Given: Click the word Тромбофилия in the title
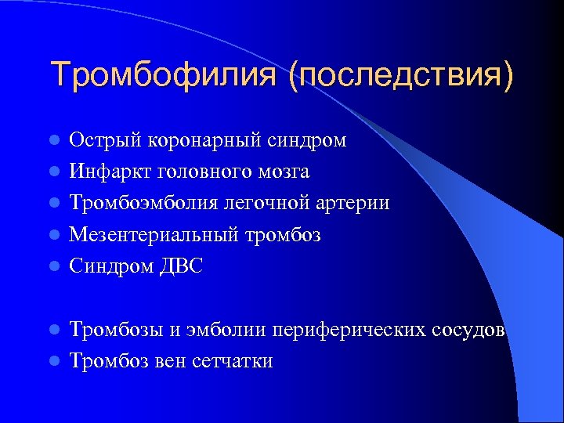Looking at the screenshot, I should pos(164,76).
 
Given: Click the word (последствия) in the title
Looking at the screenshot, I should pos(402,76).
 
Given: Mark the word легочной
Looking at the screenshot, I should pos(256,203).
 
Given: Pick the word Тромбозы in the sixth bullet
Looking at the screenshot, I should pos(116,330).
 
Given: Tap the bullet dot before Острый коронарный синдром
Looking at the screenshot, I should pos(54,141).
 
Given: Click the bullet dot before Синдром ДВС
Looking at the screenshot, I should pos(54,267).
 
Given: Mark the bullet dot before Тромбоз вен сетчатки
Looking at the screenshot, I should pos(54,362).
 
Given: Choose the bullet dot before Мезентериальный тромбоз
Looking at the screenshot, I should pos(54,235).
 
